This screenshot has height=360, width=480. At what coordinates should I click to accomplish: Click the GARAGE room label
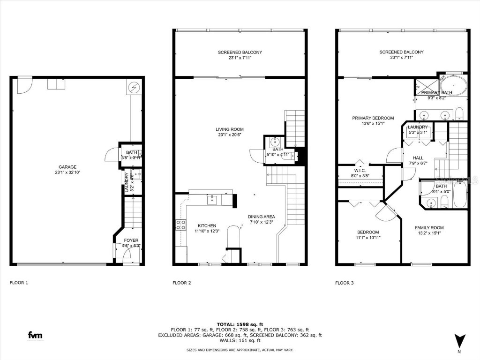[x=67, y=167]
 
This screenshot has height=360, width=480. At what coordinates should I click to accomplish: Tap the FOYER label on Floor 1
[x=131, y=240]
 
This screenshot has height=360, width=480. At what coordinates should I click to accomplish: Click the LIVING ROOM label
[x=230, y=129]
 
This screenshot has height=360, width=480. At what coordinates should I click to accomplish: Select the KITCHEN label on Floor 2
[x=207, y=225]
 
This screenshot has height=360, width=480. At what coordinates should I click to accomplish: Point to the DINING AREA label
[x=262, y=217]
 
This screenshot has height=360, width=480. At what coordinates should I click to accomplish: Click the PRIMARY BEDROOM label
[x=373, y=118]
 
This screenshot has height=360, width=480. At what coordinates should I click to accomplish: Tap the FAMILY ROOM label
[x=429, y=228]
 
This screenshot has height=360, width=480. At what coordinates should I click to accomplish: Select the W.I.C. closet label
[x=360, y=170]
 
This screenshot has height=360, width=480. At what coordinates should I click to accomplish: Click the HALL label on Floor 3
[x=418, y=157]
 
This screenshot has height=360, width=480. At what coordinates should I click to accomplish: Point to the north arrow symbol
[x=459, y=340]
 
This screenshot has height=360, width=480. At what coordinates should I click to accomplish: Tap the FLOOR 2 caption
[x=182, y=283]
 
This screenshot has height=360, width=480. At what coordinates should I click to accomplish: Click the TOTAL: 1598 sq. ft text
[x=240, y=324]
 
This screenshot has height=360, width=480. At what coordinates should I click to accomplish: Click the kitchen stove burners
[x=180, y=225]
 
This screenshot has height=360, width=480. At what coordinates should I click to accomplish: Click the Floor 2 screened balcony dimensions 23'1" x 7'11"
[x=240, y=58]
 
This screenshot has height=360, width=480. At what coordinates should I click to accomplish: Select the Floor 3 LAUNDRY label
[x=418, y=127]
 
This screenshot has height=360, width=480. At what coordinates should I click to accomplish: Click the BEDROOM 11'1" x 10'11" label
[x=368, y=232]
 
